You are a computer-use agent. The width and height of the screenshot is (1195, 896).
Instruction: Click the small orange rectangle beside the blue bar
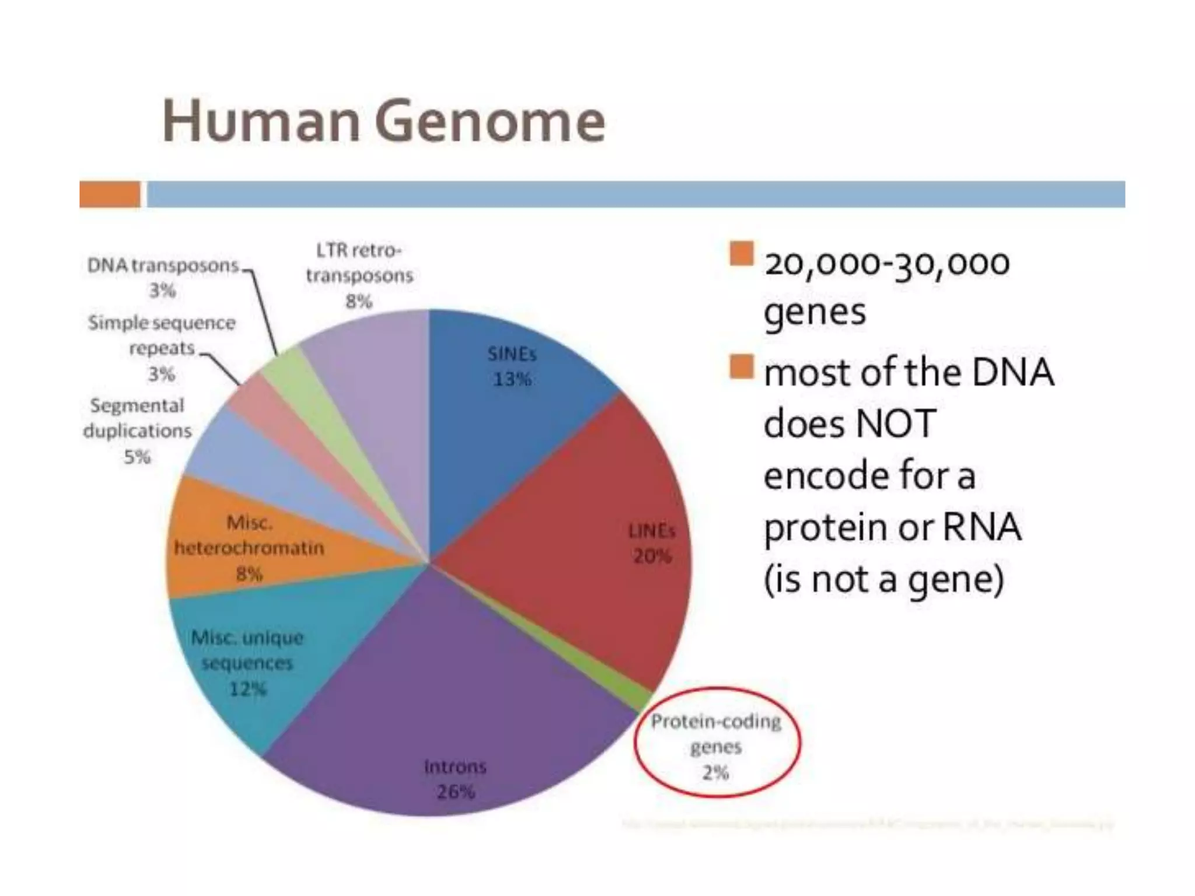(110, 194)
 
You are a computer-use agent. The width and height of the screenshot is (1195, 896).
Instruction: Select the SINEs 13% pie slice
(513, 408)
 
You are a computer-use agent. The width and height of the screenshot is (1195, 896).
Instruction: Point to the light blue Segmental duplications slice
(233, 461)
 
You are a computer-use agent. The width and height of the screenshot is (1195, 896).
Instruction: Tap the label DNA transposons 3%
(163, 277)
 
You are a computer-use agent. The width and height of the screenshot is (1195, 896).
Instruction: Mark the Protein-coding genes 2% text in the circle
(716, 747)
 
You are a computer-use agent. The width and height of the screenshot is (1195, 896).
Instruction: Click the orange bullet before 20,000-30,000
(741, 254)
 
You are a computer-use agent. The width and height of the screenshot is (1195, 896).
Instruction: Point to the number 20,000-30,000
(887, 264)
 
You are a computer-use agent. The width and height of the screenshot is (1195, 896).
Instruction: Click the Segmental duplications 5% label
(138, 430)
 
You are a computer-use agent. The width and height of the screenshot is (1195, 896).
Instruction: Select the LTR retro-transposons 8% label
(359, 275)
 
